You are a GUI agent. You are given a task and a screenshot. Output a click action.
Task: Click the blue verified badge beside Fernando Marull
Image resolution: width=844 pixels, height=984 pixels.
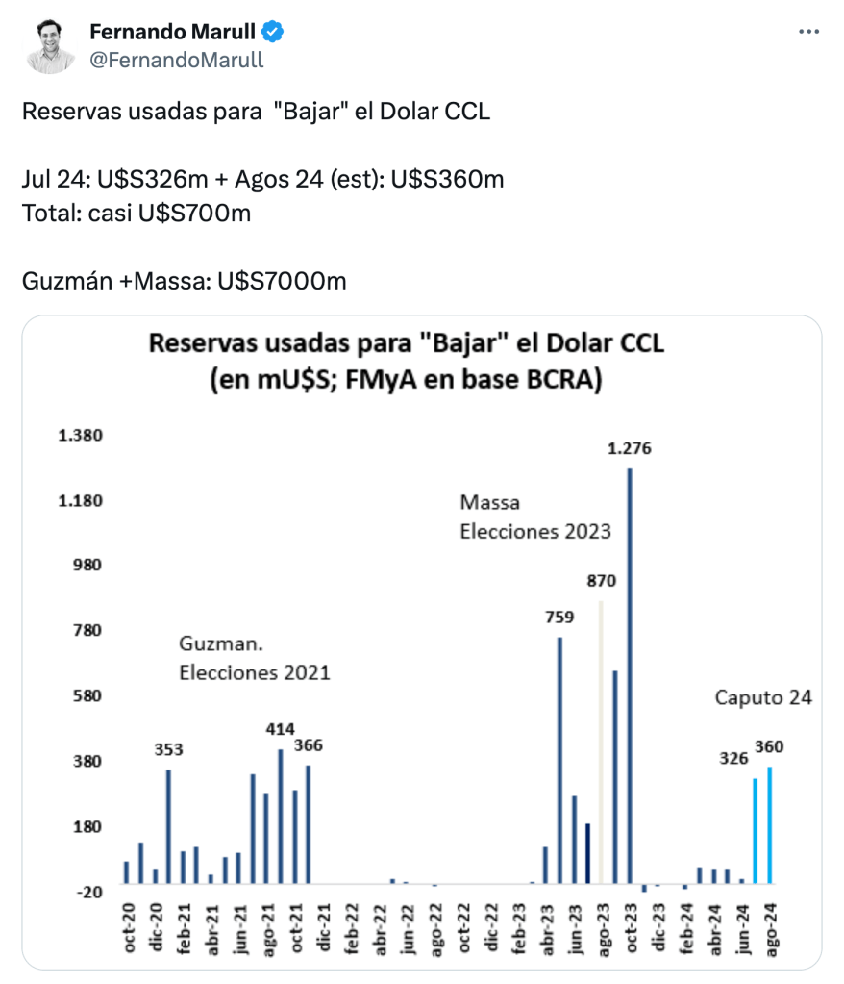pos(274,33)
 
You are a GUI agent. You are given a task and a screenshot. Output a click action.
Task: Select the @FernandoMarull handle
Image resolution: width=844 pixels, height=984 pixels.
pos(177,60)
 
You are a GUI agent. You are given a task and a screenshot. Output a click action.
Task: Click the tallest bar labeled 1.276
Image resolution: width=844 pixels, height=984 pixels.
pos(630,673)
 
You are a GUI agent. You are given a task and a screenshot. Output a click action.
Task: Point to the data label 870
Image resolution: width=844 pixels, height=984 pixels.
pos(602,581)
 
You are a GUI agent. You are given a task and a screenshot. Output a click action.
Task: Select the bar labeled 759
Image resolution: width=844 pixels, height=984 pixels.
pos(559,760)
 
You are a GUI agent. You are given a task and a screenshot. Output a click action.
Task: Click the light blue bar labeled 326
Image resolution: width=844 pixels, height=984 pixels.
pos(755,830)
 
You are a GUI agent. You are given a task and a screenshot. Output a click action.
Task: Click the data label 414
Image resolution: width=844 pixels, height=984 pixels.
pos(281,728)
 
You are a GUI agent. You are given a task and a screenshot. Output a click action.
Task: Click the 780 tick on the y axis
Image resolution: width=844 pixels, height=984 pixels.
pos(87,631)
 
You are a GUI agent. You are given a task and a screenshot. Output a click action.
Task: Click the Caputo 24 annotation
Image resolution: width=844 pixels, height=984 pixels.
pos(763,697)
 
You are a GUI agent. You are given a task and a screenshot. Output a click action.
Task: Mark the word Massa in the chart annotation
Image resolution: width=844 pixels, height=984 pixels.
pos(489,502)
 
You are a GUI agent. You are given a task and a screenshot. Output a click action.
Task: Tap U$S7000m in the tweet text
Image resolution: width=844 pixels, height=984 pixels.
pos(282,282)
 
